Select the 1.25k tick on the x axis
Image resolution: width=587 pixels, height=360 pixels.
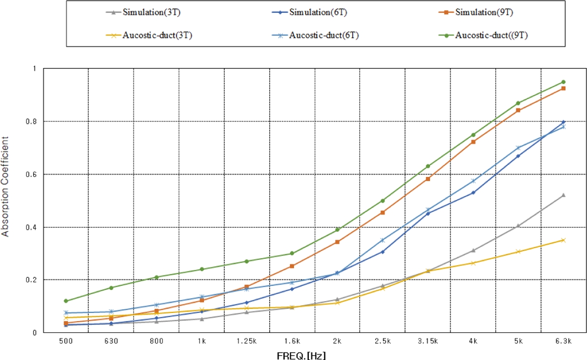[x=247, y=341]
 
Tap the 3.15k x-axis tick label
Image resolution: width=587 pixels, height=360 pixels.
[x=427, y=341]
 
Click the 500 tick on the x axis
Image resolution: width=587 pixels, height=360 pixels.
[x=66, y=341]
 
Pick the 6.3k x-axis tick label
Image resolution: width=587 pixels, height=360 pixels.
[x=563, y=341]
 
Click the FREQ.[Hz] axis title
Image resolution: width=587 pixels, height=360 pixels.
[x=301, y=355]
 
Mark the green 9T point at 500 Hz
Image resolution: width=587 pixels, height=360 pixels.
[x=66, y=301]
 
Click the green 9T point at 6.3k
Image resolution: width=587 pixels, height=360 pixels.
[x=563, y=82]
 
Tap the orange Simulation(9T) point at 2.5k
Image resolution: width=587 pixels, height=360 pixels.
[x=382, y=212]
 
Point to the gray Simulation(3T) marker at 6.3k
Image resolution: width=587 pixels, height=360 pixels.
[x=563, y=195]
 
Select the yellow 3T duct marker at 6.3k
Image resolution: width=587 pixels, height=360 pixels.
[x=563, y=240]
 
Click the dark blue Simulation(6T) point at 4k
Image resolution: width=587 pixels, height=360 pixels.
[x=473, y=192]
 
